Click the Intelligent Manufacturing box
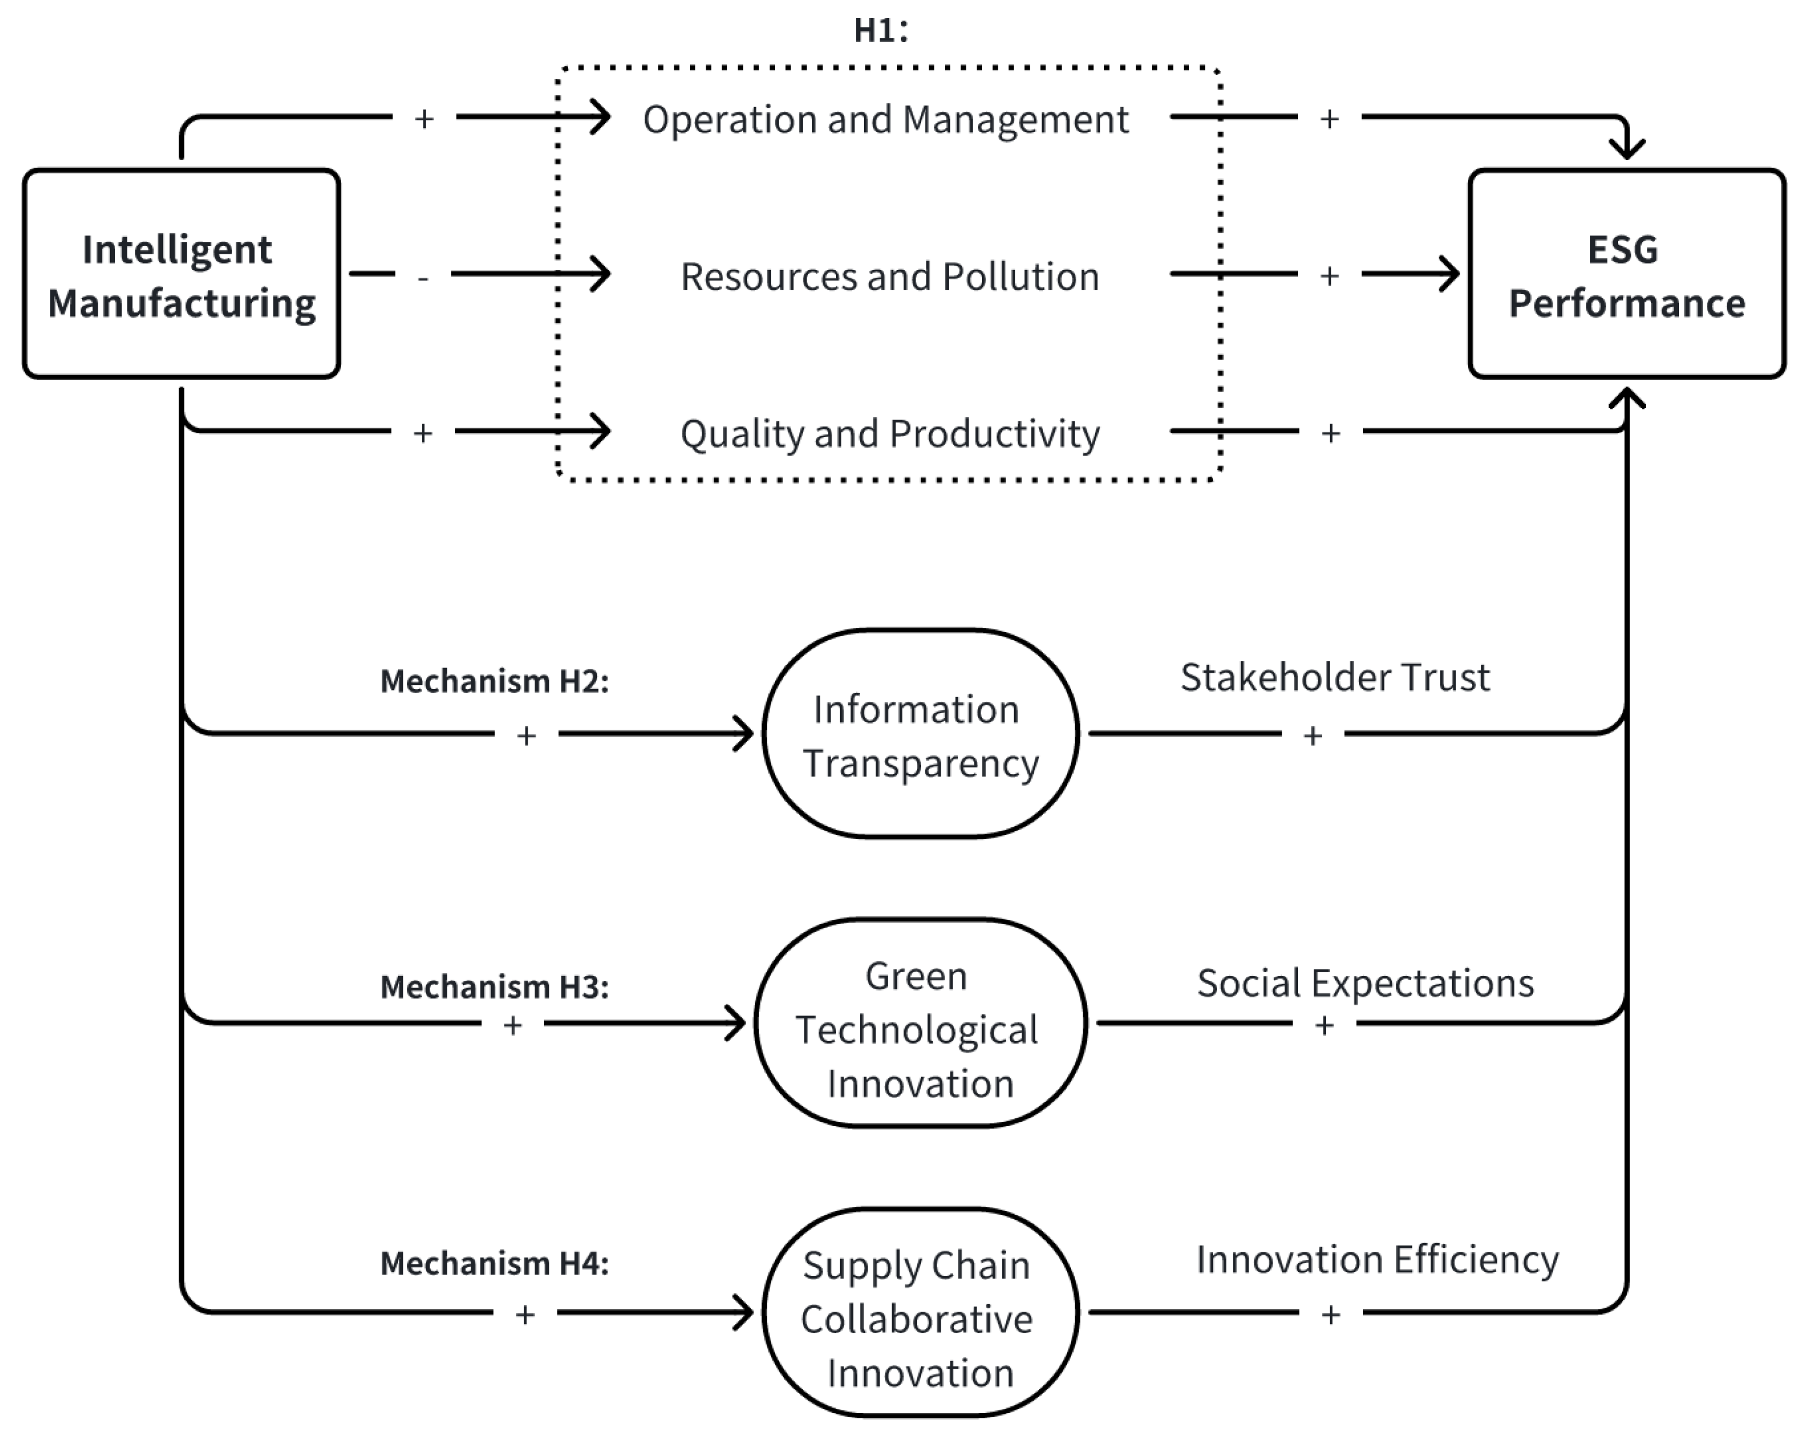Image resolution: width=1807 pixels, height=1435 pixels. (x=181, y=275)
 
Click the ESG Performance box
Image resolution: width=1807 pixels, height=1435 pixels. (x=1626, y=275)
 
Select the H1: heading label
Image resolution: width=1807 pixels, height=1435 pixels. (x=880, y=31)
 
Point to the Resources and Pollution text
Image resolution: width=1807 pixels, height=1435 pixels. (x=890, y=276)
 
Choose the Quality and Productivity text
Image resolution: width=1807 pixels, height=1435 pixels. (x=890, y=434)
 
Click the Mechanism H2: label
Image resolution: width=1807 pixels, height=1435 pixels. (x=495, y=681)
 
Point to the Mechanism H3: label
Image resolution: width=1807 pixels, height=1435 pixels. (x=495, y=986)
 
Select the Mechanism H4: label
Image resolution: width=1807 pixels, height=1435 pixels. (x=495, y=1263)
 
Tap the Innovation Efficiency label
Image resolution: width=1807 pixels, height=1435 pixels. (x=1377, y=1260)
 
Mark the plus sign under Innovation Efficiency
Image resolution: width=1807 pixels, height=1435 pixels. (x=1330, y=1315)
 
